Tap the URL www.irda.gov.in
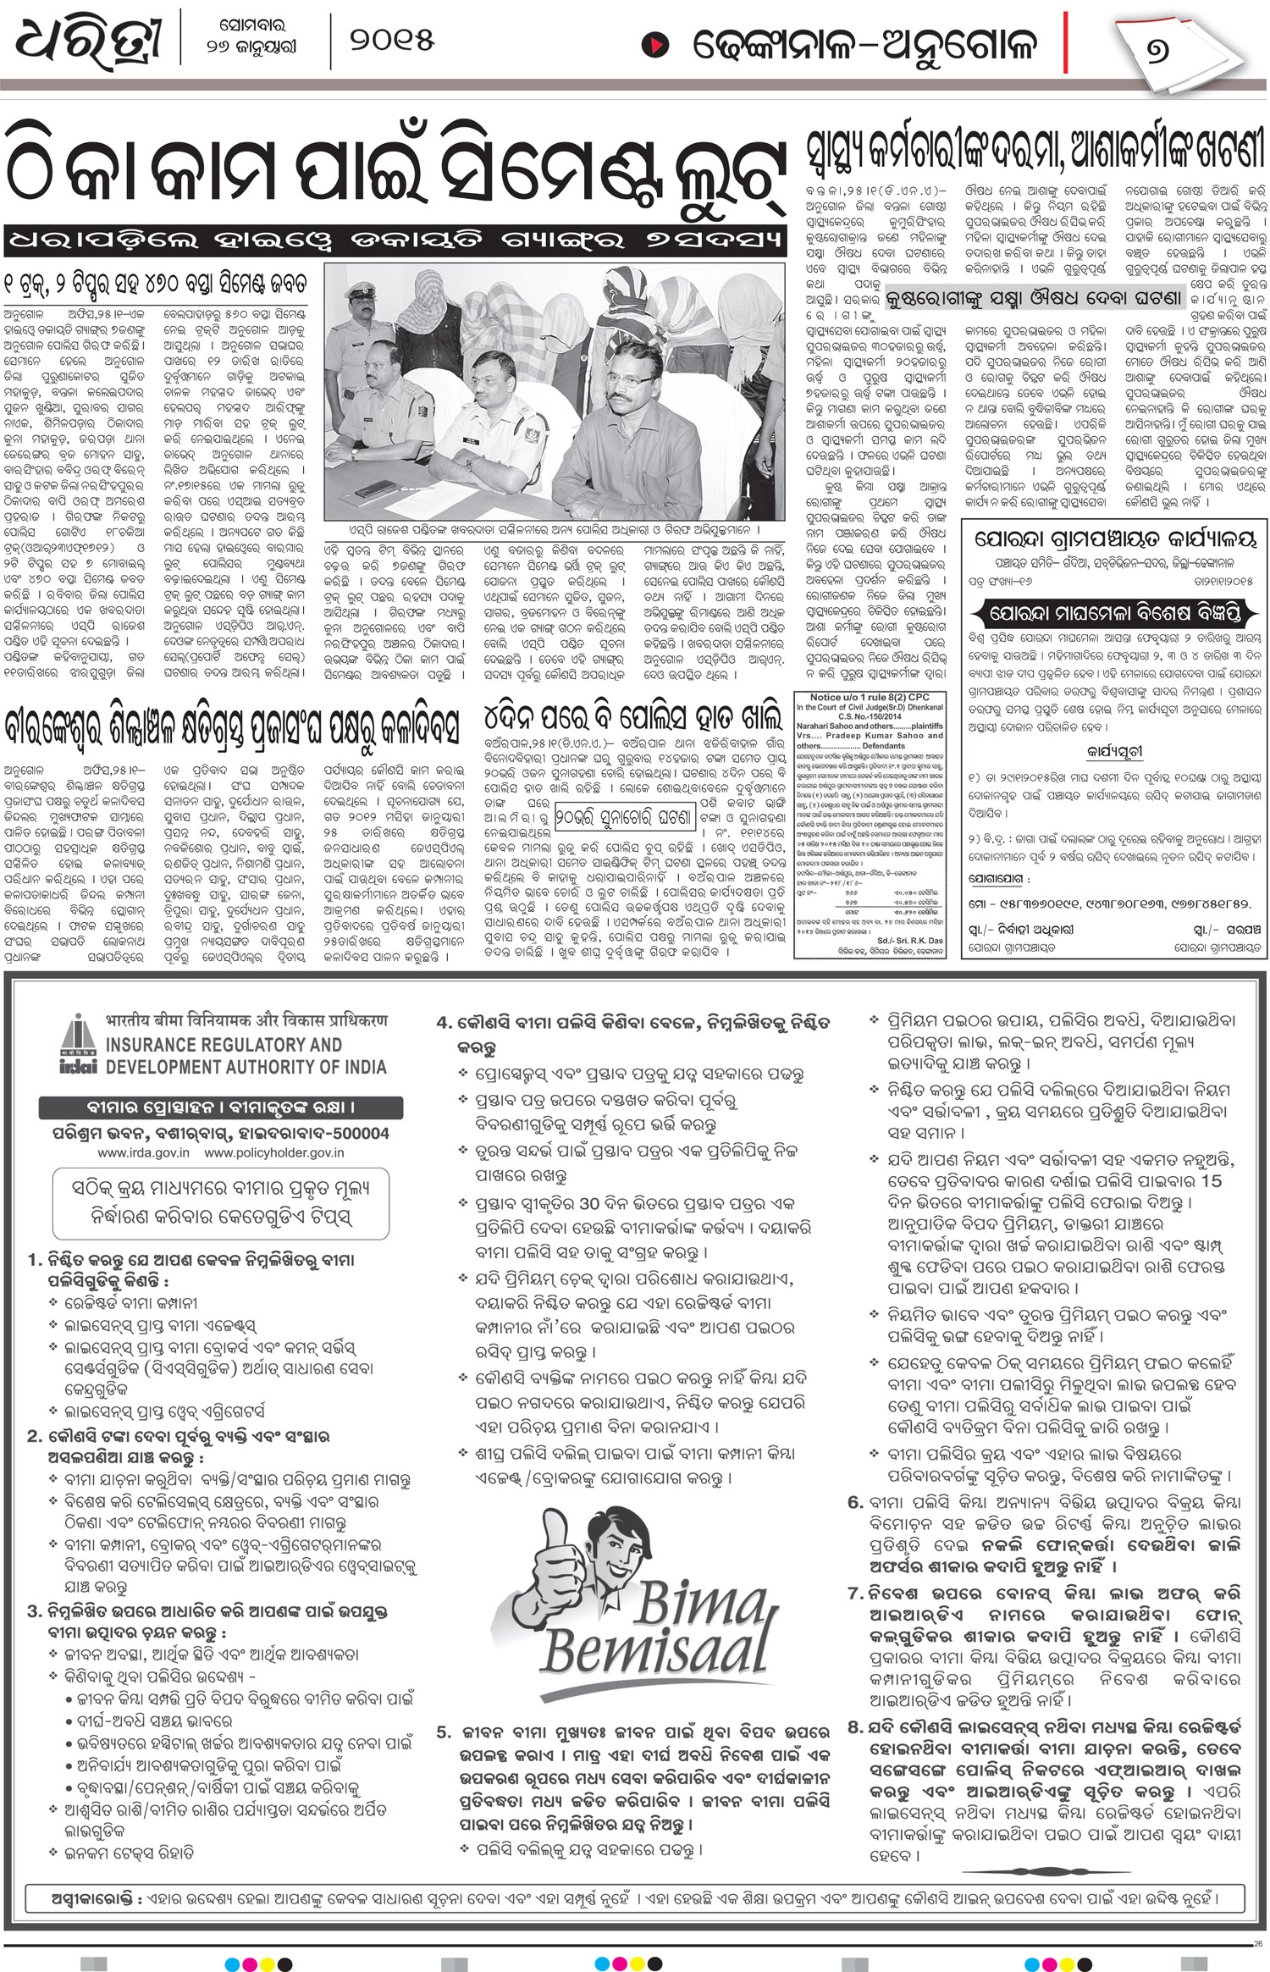click(x=143, y=1152)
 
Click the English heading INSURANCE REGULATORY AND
click(x=224, y=1045)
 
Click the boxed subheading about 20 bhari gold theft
click(x=625, y=818)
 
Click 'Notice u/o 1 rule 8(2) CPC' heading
click(x=869, y=698)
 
